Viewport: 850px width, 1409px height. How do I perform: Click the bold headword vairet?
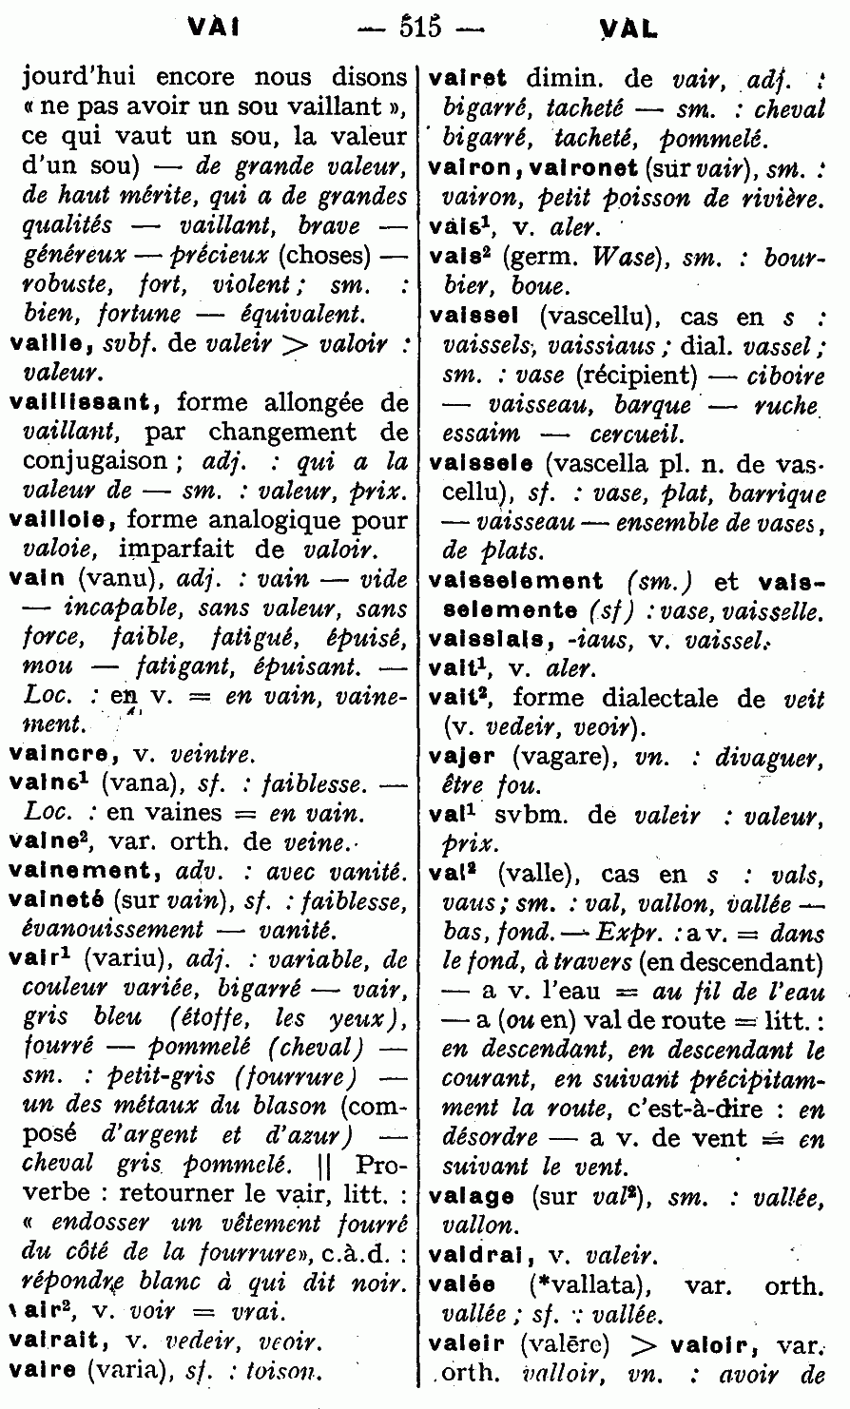469,80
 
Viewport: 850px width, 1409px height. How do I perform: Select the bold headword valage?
472,1198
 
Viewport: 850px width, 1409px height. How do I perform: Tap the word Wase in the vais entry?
618,257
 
